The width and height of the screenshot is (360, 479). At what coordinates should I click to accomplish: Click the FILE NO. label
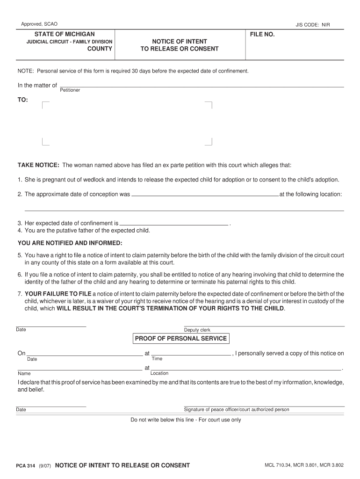pos(262,35)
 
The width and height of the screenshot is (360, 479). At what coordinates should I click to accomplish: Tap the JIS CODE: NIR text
pos(312,25)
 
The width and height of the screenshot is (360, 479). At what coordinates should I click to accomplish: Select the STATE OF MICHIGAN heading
pos(65,34)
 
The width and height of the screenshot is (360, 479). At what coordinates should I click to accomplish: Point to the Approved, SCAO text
pos(39,24)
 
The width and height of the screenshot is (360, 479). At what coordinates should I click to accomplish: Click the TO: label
pos(23,100)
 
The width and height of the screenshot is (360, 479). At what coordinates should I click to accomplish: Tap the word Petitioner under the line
pos(70,90)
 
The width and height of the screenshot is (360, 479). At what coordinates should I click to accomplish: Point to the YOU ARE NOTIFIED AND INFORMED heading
pos(70,243)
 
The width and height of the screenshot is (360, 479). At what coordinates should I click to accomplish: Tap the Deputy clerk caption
pos(197,330)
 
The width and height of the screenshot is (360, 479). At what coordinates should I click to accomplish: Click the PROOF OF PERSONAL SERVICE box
pos(181,339)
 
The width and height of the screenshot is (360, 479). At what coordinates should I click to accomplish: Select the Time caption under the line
pos(157,359)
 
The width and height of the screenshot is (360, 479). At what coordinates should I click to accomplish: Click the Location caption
pos(159,373)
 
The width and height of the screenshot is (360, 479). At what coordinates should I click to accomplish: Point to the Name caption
pos(24,374)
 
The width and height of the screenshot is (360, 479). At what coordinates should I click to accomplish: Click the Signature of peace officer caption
pos(237,409)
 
